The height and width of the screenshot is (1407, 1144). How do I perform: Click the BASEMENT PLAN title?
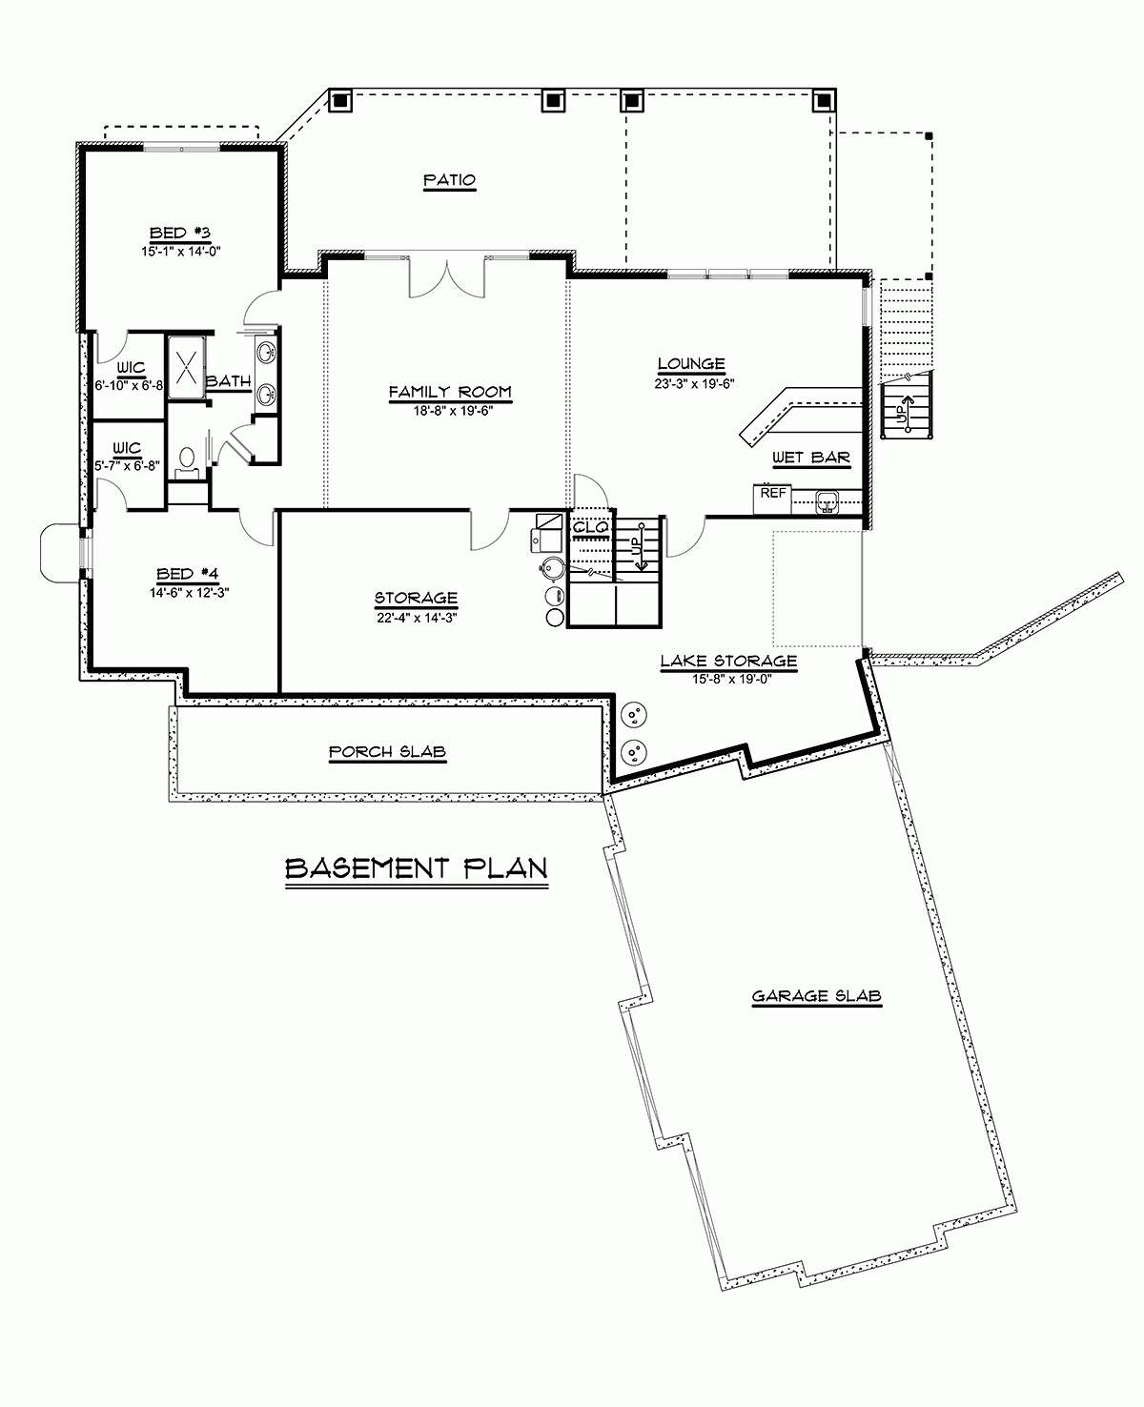pyautogui.click(x=417, y=868)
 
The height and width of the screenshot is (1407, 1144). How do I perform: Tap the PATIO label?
pyautogui.click(x=449, y=180)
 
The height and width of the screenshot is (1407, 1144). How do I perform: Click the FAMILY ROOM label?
pyautogui.click(x=450, y=392)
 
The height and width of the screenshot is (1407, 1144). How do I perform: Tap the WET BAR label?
pyautogui.click(x=810, y=458)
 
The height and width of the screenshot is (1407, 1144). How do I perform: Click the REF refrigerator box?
pyautogui.click(x=772, y=495)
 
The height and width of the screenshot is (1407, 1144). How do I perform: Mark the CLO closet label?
pyautogui.click(x=584, y=525)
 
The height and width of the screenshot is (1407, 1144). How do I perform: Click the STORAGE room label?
pyautogui.click(x=416, y=599)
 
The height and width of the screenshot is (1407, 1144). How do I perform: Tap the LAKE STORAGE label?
pyautogui.click(x=729, y=660)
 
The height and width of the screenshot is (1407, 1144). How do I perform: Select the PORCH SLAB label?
pyautogui.click(x=387, y=752)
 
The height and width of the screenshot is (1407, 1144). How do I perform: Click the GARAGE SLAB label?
pyautogui.click(x=816, y=997)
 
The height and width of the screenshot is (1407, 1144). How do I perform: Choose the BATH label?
pyautogui.click(x=229, y=382)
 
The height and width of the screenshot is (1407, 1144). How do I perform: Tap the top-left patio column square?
pyautogui.click(x=340, y=99)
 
